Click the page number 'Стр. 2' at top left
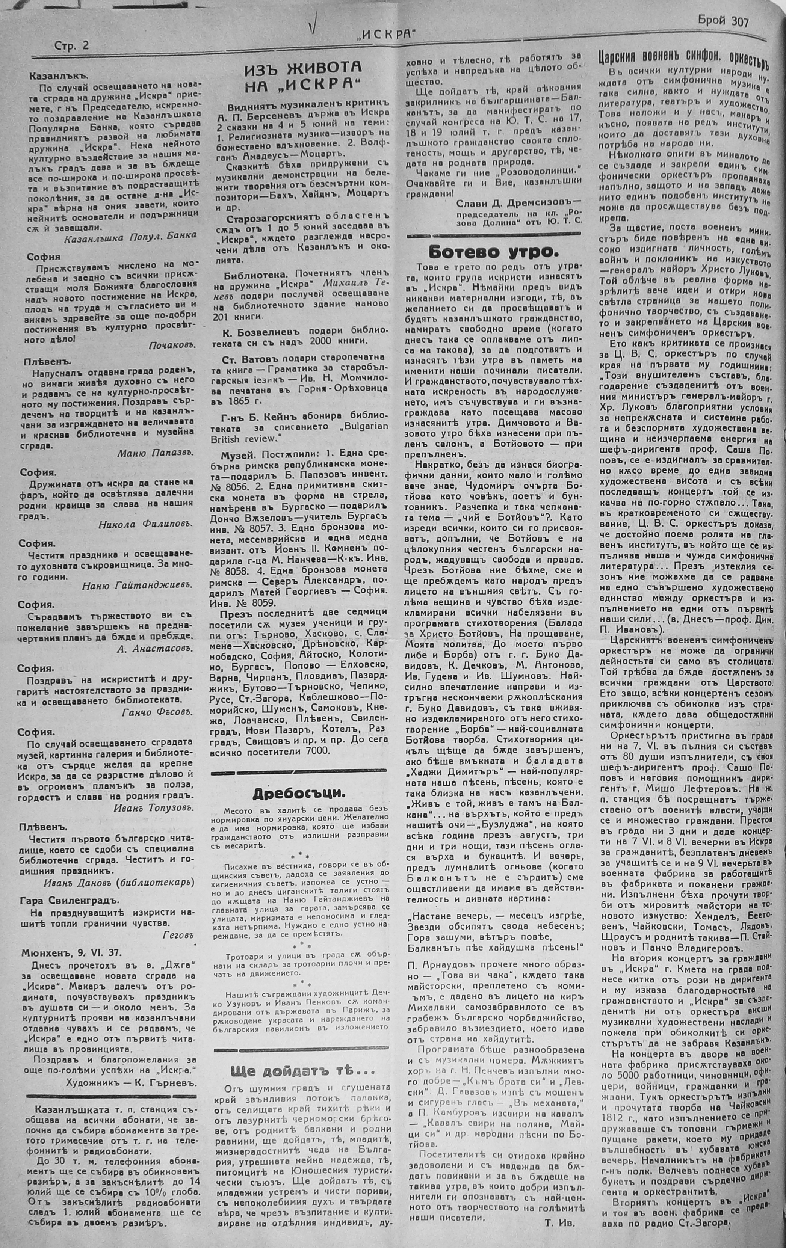coord(71,45)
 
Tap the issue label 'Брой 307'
coord(723,21)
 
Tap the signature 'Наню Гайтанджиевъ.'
coord(137,585)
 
